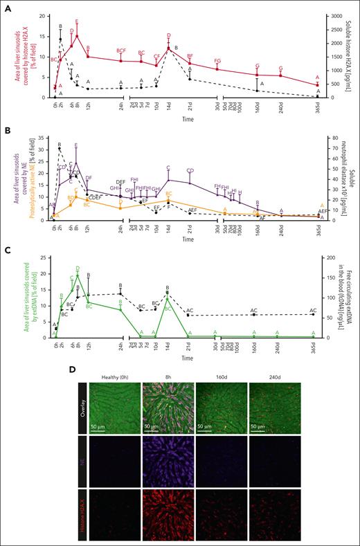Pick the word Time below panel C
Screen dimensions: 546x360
click(x=188, y=360)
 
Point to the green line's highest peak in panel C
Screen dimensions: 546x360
click(x=77, y=275)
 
